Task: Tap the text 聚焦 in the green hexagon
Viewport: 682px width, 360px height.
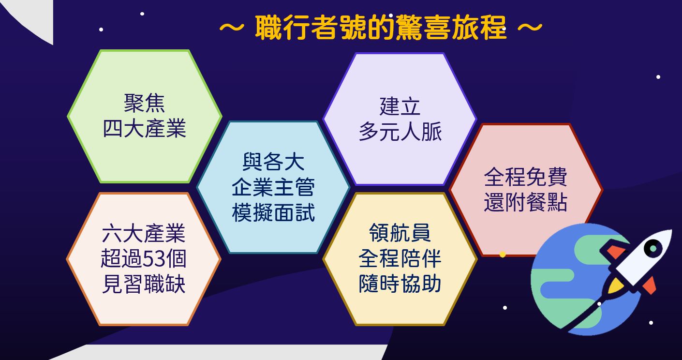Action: pyautogui.click(x=144, y=103)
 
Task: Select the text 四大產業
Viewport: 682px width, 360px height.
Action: pyautogui.click(x=144, y=129)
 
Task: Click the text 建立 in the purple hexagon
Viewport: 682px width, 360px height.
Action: pyautogui.click(x=400, y=106)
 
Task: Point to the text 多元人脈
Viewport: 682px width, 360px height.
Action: pyautogui.click(x=400, y=132)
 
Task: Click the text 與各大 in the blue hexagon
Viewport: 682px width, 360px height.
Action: pyautogui.click(x=273, y=162)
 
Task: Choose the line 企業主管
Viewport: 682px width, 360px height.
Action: pyautogui.click(x=273, y=187)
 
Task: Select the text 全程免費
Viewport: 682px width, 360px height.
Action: pyautogui.click(x=525, y=177)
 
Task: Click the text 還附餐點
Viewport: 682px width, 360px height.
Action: pyautogui.click(x=525, y=203)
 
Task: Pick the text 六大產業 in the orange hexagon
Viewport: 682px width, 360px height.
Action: pyautogui.click(x=144, y=234)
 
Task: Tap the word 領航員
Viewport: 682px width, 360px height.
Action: pyautogui.click(x=400, y=233)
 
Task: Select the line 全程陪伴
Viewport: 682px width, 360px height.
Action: pyautogui.click(x=400, y=259)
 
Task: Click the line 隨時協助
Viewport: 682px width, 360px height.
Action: pyautogui.click(x=400, y=284)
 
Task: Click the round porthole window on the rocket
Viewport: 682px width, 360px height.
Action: pyautogui.click(x=652, y=248)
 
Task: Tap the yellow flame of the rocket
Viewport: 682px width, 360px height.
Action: pyautogui.click(x=615, y=285)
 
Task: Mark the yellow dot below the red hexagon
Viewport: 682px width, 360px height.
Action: pyautogui.click(x=503, y=255)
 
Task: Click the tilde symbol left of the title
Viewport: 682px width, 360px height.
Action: pyautogui.click(x=232, y=27)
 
